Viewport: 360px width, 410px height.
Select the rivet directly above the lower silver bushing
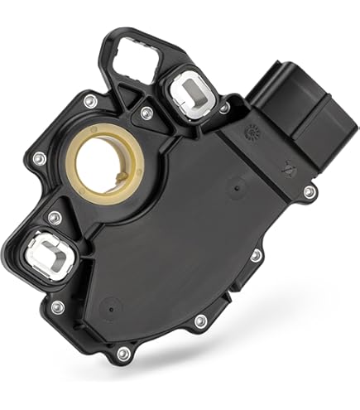54,218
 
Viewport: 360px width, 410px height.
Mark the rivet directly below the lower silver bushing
58,307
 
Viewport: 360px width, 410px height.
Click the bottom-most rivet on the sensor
123,354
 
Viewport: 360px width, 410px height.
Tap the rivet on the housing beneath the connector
309,192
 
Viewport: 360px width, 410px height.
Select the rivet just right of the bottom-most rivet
199,321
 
